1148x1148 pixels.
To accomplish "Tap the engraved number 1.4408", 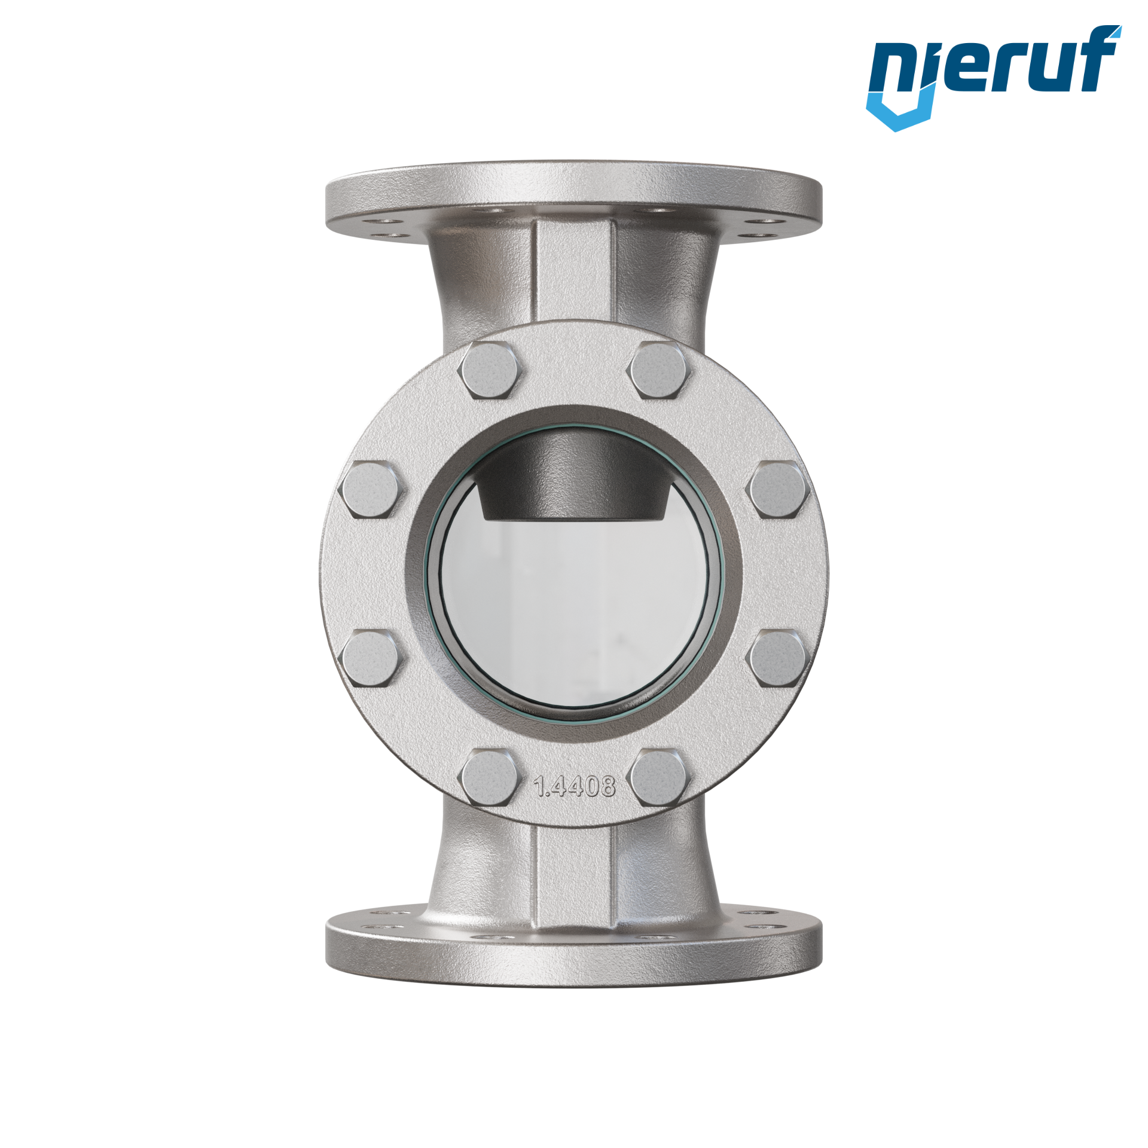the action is [574, 786].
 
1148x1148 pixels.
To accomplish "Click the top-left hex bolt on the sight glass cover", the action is [490, 371].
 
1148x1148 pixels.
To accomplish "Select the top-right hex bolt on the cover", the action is [658, 371].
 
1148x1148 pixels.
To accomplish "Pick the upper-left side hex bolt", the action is [371, 490].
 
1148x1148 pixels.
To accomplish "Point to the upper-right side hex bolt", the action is [778, 490].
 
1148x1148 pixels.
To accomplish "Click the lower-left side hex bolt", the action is [371, 658].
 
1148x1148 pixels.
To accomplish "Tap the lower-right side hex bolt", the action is [778, 658].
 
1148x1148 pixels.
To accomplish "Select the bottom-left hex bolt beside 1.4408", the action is [490, 778].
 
